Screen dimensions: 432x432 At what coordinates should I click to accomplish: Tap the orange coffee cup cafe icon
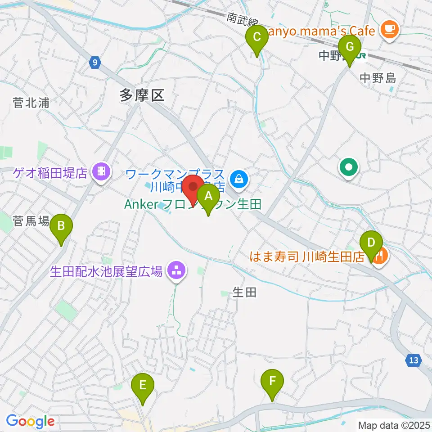(x=388, y=30)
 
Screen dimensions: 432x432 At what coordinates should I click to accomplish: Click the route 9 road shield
(x=94, y=63)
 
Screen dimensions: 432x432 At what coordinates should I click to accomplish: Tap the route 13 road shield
(x=414, y=360)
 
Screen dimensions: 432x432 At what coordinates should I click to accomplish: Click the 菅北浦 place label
(x=31, y=103)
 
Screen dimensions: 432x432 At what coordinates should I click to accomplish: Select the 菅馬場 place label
(x=31, y=220)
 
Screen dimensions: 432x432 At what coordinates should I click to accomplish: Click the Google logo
(x=30, y=422)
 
